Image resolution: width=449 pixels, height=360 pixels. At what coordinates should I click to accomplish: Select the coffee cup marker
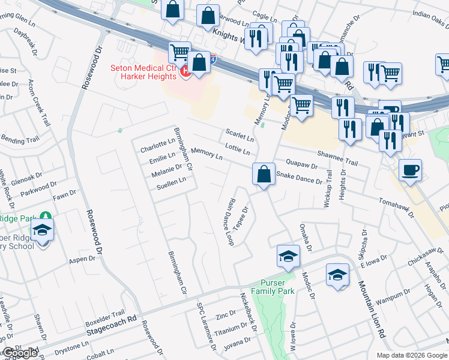click(x=410, y=170)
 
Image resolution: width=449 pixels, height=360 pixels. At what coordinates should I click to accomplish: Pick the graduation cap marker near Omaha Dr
click(x=288, y=256)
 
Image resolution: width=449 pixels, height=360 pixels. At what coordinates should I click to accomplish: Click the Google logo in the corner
click(x=20, y=353)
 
